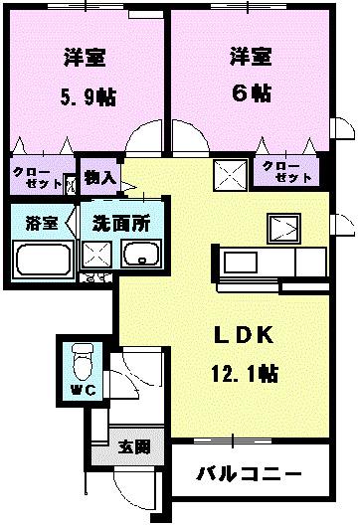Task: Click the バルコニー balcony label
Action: [249, 473]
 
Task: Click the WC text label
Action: [81, 389]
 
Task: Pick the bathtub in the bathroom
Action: [41, 262]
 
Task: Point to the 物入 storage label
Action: [100, 180]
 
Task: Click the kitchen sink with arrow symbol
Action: [286, 227]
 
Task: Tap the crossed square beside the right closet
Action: [231, 175]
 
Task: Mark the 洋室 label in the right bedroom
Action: [247, 55]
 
